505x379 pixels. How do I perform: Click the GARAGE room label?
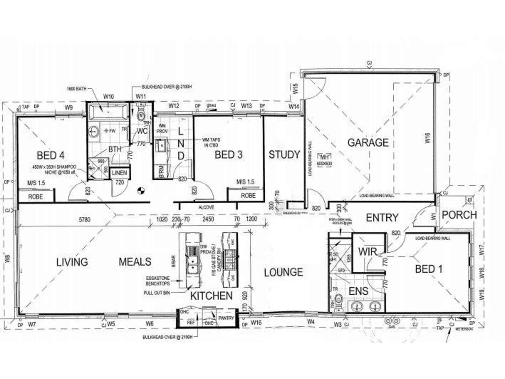(x=368, y=143)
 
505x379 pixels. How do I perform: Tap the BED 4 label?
(x=50, y=155)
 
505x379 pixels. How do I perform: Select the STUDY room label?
(x=284, y=155)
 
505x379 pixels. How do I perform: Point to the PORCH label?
(x=459, y=215)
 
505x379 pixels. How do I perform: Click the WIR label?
(x=368, y=252)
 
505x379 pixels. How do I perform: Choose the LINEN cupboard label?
(x=119, y=173)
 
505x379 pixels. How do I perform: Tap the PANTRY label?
(x=226, y=318)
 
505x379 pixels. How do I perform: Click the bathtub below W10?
(x=108, y=111)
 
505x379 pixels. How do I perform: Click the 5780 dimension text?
(x=84, y=220)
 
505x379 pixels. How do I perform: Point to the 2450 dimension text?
(x=208, y=219)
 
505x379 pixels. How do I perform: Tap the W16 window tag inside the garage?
(x=427, y=138)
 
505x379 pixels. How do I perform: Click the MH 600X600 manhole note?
(x=324, y=160)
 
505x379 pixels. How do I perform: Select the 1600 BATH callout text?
(x=76, y=89)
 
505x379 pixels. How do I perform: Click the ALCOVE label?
(x=206, y=207)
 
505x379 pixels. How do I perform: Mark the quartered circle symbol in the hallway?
(x=141, y=191)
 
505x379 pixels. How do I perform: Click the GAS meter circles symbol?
(x=392, y=321)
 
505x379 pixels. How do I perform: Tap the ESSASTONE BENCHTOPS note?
(x=158, y=281)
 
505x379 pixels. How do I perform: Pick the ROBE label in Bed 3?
(x=248, y=196)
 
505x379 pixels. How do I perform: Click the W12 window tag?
(x=174, y=106)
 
